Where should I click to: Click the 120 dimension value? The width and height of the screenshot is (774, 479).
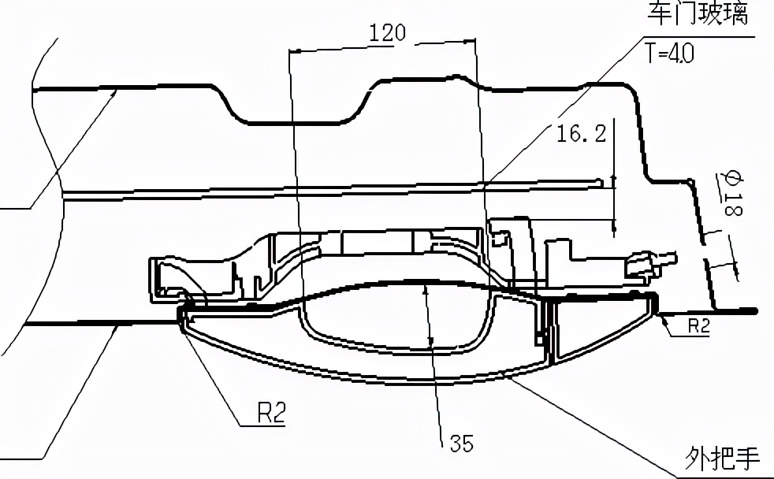tap(388, 33)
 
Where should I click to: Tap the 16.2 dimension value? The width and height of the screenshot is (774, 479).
tap(582, 134)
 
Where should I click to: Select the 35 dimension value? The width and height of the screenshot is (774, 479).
tap(462, 444)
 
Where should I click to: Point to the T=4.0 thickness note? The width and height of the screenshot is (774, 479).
tap(670, 52)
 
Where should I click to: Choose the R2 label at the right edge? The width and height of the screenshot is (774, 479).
tap(698, 326)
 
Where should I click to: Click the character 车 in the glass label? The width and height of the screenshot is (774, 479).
tap(660, 14)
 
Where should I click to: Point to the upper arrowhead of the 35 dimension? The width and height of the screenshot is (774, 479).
tap(426, 290)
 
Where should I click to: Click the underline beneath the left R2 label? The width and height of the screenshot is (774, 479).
tap(262, 425)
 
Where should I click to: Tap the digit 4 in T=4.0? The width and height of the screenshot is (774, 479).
tap(673, 52)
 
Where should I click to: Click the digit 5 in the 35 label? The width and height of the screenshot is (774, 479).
tap(467, 444)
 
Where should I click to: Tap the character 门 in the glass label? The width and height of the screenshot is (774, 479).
tap(685, 14)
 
